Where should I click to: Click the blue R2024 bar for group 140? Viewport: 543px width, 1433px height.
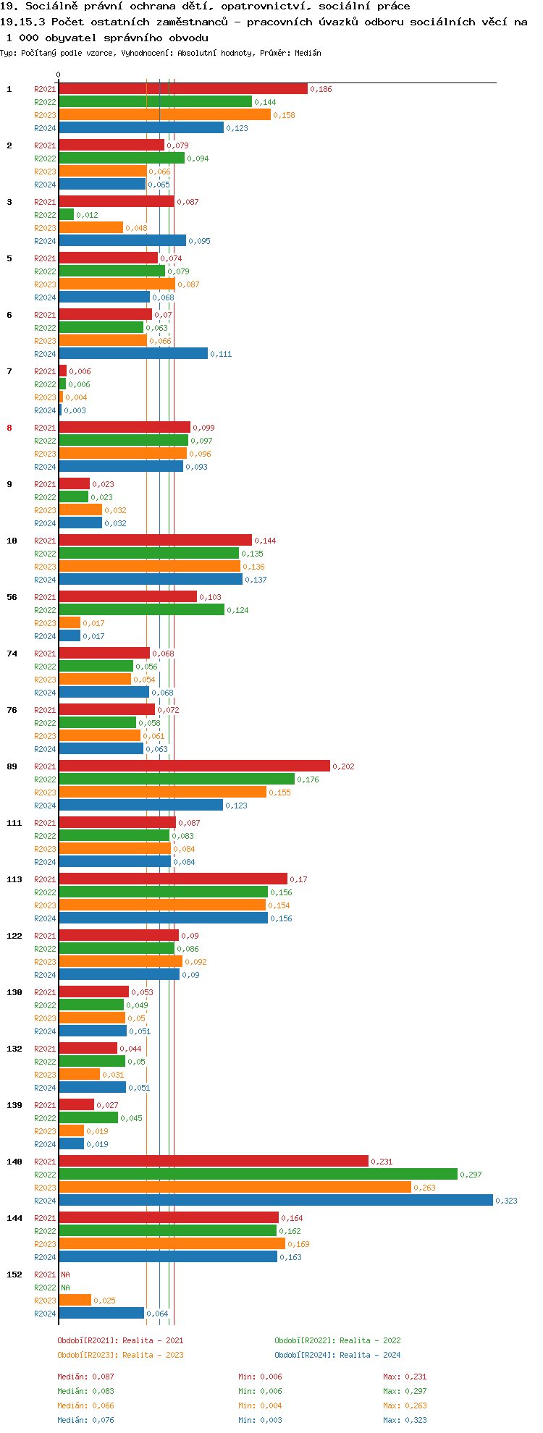coord(275,1200)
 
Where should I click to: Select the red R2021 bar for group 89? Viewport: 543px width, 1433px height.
coord(194,766)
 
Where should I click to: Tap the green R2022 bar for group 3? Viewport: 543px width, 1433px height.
coord(66,214)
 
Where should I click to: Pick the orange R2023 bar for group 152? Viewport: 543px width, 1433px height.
coord(75,1300)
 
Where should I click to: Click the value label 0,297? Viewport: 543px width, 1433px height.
coord(471,1175)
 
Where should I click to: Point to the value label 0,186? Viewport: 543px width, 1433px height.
coord(321,89)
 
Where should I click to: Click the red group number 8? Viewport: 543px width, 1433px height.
coord(9,428)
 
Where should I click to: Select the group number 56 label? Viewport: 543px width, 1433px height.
coord(12,597)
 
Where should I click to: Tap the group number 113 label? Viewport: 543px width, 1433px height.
coord(14,879)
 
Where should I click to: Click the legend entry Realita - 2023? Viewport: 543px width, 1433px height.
coord(120,1355)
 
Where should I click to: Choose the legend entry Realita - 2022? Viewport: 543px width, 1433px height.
coord(337,1340)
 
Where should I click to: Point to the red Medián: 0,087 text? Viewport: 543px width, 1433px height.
coord(85,1377)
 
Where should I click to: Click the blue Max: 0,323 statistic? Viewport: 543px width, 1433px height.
coord(405,1420)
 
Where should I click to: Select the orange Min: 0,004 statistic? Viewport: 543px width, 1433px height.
coord(260,1405)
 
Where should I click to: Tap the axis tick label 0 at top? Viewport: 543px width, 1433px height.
coord(59,75)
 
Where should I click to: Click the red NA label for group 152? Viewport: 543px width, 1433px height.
coord(65,1275)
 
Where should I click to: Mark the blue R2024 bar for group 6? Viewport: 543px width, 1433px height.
coord(133,353)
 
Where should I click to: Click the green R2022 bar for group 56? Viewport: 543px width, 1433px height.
coord(141,609)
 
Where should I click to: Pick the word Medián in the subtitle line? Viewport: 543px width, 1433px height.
coord(308,53)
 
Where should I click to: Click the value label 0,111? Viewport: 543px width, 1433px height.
coord(221,354)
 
